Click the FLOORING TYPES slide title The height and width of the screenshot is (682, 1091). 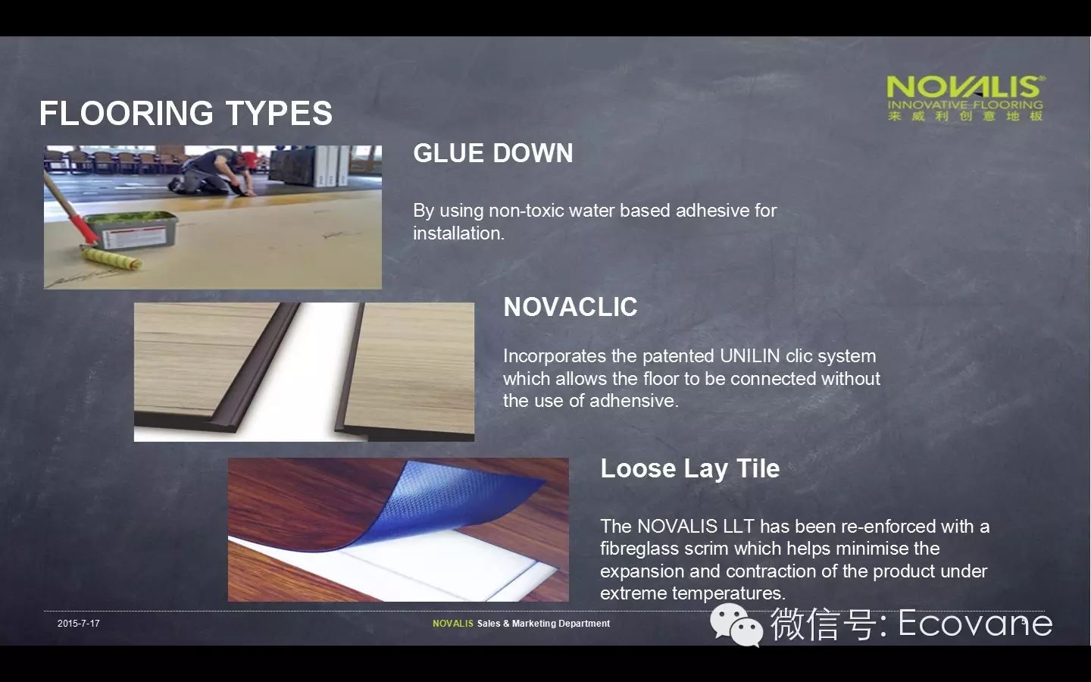coord(186,113)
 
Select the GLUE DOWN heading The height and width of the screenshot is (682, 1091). coord(493,153)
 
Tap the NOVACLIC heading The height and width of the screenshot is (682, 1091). coord(571,307)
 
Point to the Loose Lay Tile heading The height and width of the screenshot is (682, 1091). coord(689,468)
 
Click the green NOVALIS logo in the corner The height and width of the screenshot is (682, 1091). coord(965,98)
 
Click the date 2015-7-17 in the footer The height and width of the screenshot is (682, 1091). coord(79,624)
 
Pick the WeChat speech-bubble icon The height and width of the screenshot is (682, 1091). coord(736,624)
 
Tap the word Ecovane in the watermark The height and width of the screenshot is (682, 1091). coord(975,623)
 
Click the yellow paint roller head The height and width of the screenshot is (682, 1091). coord(111,258)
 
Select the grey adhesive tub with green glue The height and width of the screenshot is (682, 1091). coord(132,230)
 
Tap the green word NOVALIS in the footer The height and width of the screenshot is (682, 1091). coord(453,624)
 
